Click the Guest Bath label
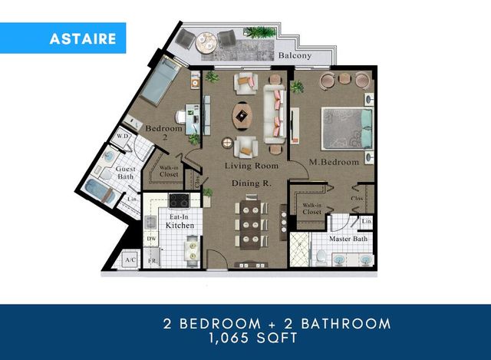click(127, 172)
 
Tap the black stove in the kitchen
click(178, 201)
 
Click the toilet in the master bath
click(321, 257)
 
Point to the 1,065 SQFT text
click(245, 337)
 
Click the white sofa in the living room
click(275, 114)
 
